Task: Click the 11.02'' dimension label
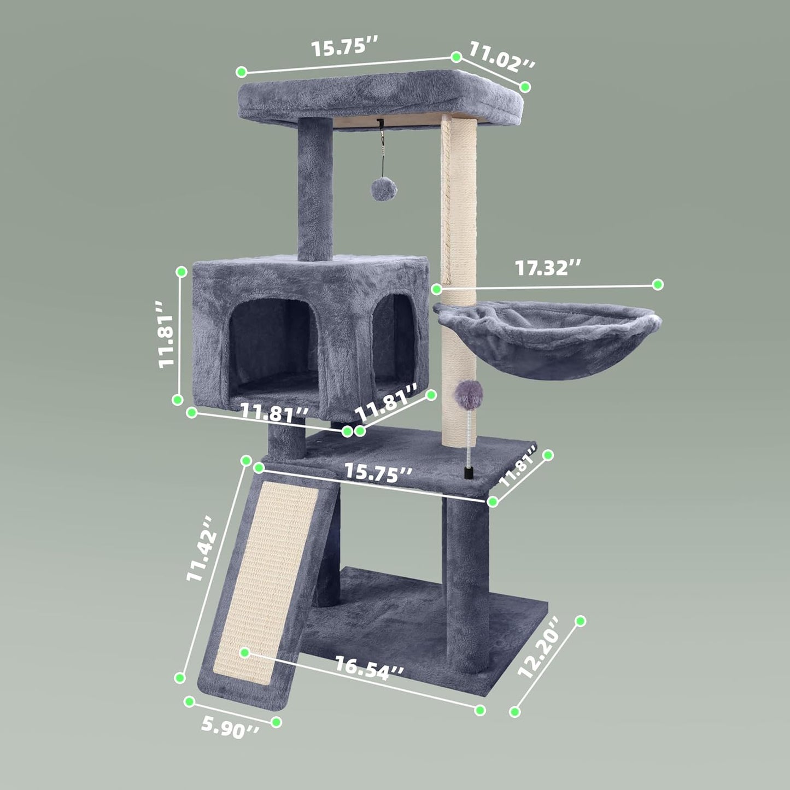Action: tap(501, 57)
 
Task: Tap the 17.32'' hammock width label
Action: tap(548, 267)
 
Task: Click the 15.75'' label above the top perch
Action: tap(346, 47)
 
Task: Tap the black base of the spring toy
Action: tap(468, 472)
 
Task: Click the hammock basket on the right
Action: tap(547, 339)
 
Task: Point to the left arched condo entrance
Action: tap(272, 344)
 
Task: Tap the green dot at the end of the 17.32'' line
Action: tap(658, 284)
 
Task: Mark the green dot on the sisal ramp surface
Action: tap(245, 652)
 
